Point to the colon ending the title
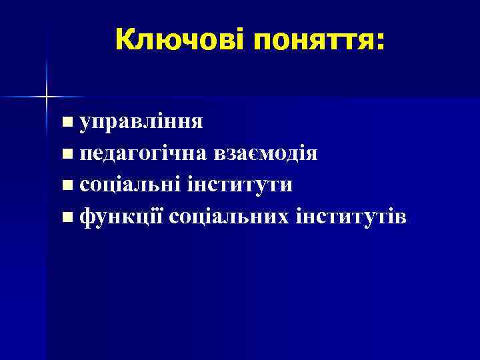(380, 42)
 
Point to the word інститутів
(348, 217)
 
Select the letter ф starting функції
(87, 217)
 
